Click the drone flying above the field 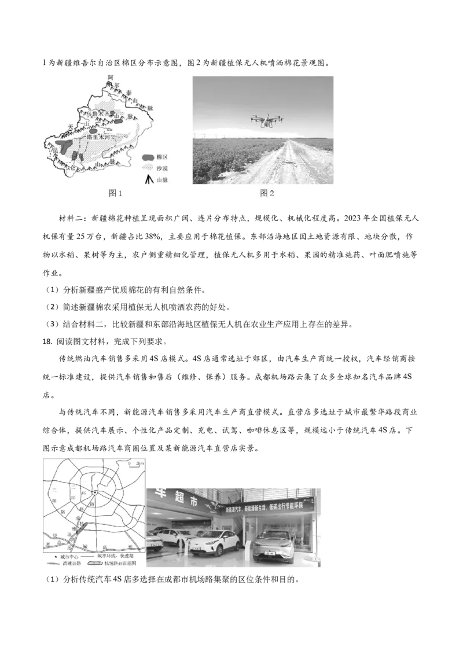pyautogui.click(x=267, y=120)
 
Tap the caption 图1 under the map pyautogui.click(x=116, y=193)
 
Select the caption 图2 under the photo pyautogui.click(x=266, y=193)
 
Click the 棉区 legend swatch pyautogui.click(x=149, y=157)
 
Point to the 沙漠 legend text pyautogui.click(x=161, y=168)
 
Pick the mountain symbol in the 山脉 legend pyautogui.click(x=149, y=180)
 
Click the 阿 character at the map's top pyautogui.click(x=110, y=77)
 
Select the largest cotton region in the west pyautogui.click(x=63, y=144)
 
